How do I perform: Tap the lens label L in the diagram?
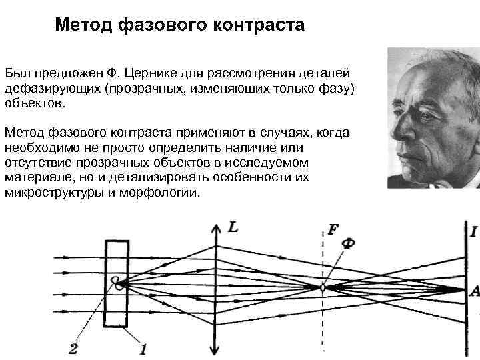pos(233,227)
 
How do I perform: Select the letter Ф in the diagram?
pos(347,243)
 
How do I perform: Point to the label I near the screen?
pos(473,231)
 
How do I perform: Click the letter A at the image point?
pos(474,290)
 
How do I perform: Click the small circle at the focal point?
pos(323,288)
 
